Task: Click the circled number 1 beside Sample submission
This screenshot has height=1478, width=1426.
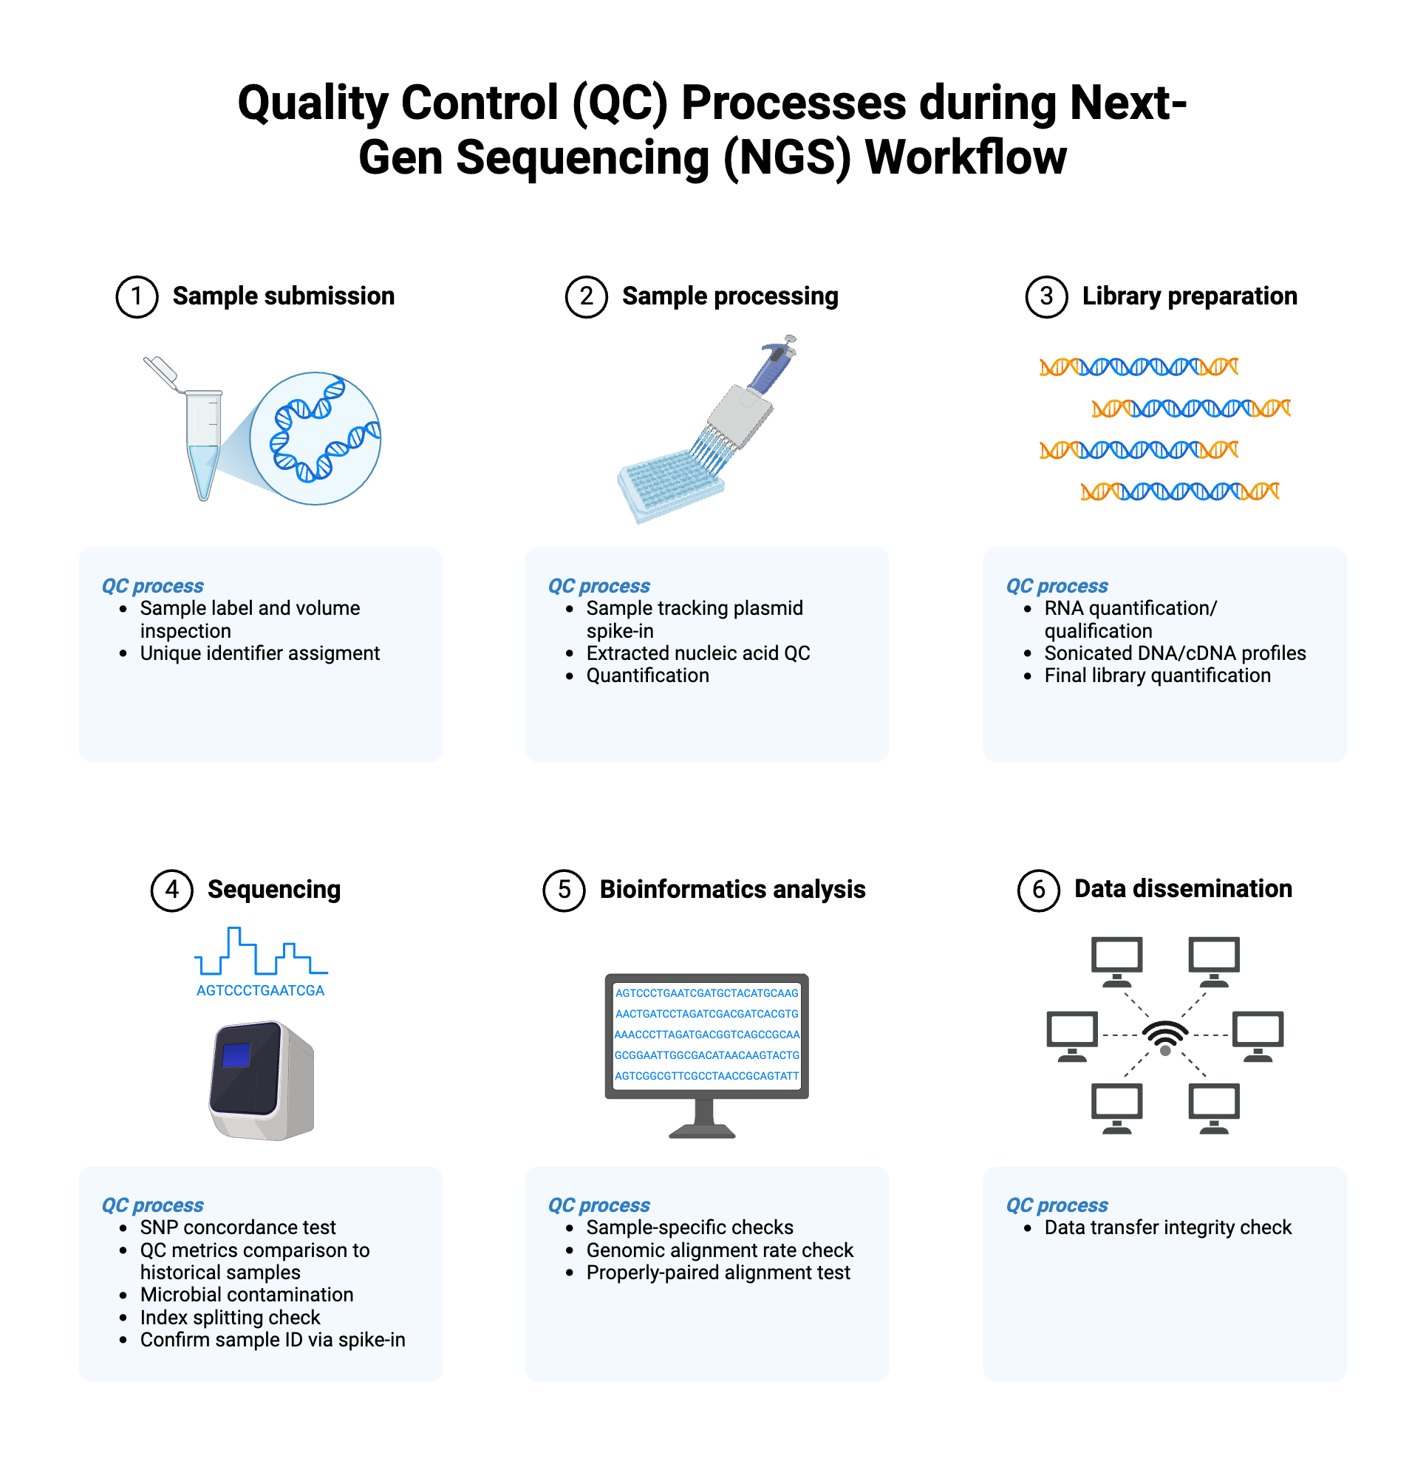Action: (x=137, y=296)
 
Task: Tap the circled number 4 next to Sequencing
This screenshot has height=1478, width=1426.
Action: (x=172, y=890)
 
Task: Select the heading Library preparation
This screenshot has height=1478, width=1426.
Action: (x=1190, y=296)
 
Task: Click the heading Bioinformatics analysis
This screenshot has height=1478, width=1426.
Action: (x=732, y=890)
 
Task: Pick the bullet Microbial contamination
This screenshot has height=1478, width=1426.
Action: (x=247, y=1295)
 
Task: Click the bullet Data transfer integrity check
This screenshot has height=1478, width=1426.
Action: (x=1168, y=1228)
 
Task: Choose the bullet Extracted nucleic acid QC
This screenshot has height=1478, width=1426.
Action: (x=698, y=654)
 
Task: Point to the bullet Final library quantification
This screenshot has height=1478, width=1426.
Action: (x=1158, y=676)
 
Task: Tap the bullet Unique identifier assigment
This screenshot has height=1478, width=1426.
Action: (x=260, y=654)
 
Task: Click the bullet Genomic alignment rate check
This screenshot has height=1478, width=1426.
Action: (x=720, y=1251)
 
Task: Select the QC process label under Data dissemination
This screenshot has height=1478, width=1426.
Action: (x=1057, y=1206)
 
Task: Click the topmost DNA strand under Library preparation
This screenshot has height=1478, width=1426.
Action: (x=1139, y=367)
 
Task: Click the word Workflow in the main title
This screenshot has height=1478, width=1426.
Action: (x=965, y=158)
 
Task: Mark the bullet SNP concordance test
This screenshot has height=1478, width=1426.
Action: (x=237, y=1228)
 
